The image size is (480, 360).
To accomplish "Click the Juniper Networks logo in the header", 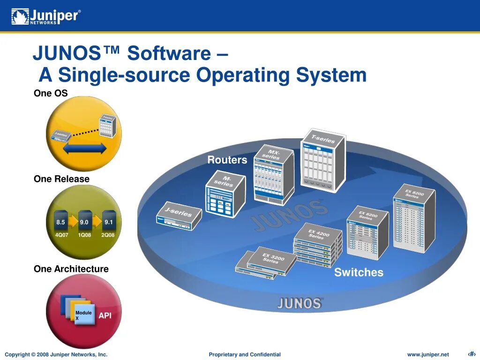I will click(46, 16).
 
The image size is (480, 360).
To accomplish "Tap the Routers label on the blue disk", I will click(227, 160).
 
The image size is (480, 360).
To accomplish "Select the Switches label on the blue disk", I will click(359, 272).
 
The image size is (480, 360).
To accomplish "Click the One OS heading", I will click(51, 93).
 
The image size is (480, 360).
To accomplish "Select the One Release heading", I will click(61, 179).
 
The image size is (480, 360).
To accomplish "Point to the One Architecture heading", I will click(71, 269).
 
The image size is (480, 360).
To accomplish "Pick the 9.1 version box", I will click(109, 222).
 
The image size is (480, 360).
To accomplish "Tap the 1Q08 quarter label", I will click(84, 235).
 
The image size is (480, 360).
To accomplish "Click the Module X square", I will click(84, 315).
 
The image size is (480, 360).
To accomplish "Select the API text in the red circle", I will click(105, 315).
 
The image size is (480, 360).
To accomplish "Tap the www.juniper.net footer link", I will click(427, 354).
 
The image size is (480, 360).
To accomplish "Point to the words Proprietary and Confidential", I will click(245, 354).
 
